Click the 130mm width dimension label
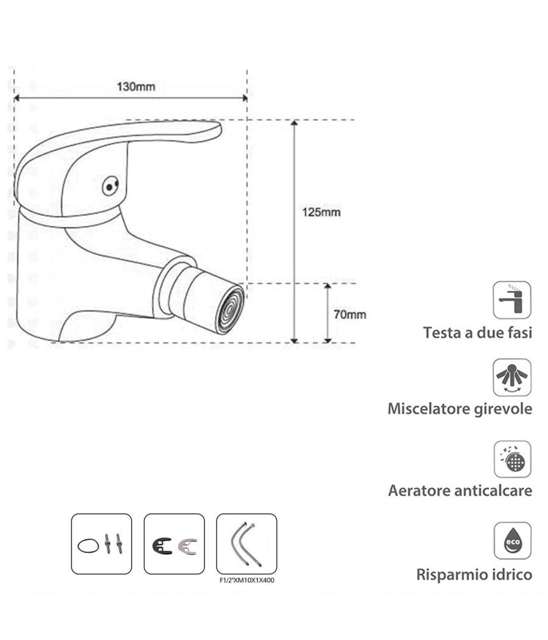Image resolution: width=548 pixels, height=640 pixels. pos(136,87)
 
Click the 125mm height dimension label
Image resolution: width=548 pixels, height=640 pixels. pos(321,212)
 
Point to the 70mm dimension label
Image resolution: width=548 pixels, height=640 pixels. pos(351,315)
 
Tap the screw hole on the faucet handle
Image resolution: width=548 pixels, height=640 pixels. pos(109,186)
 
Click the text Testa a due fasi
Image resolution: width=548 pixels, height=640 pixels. pos(477,333)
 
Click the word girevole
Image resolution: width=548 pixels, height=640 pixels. pos(501,409)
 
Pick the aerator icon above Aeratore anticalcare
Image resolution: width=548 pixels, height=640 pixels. pos(511,459)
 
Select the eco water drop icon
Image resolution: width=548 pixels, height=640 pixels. pos(511,540)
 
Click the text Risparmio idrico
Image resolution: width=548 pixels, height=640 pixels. pos(474,574)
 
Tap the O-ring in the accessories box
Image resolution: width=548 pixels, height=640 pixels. pos(89,545)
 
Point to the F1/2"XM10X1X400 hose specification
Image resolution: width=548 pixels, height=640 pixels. pos(247,580)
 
